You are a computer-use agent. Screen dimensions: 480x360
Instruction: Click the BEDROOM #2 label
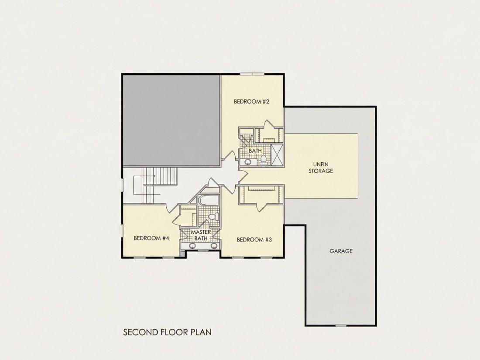click(251, 101)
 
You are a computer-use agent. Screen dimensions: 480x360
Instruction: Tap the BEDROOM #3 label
click(254, 240)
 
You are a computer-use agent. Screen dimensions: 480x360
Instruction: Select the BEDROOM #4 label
click(151, 238)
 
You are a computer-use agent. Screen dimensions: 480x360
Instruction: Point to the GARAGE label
click(341, 251)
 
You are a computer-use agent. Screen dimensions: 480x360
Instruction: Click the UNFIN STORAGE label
click(321, 168)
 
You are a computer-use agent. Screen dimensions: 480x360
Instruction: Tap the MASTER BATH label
click(201, 235)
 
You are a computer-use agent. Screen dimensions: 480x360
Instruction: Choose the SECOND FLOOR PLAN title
click(167, 332)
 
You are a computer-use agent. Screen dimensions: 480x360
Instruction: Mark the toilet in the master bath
click(214, 216)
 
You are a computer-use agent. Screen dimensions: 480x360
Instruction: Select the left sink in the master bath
click(192, 246)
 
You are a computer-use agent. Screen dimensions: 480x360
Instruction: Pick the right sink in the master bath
click(214, 246)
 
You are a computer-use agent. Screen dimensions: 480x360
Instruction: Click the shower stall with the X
click(278, 155)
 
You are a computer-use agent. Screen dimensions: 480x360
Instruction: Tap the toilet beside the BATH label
click(263, 160)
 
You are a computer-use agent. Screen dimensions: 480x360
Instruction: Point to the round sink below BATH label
click(248, 161)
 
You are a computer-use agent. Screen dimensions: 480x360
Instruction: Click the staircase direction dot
click(155, 176)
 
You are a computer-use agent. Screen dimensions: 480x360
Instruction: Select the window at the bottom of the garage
click(341, 325)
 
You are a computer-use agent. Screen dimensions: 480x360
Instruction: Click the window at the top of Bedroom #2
click(252, 73)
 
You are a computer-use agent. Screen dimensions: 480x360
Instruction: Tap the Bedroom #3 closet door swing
click(261, 208)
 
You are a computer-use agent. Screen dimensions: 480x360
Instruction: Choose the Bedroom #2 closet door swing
click(269, 124)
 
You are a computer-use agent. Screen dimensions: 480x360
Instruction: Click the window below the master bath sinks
click(202, 251)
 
